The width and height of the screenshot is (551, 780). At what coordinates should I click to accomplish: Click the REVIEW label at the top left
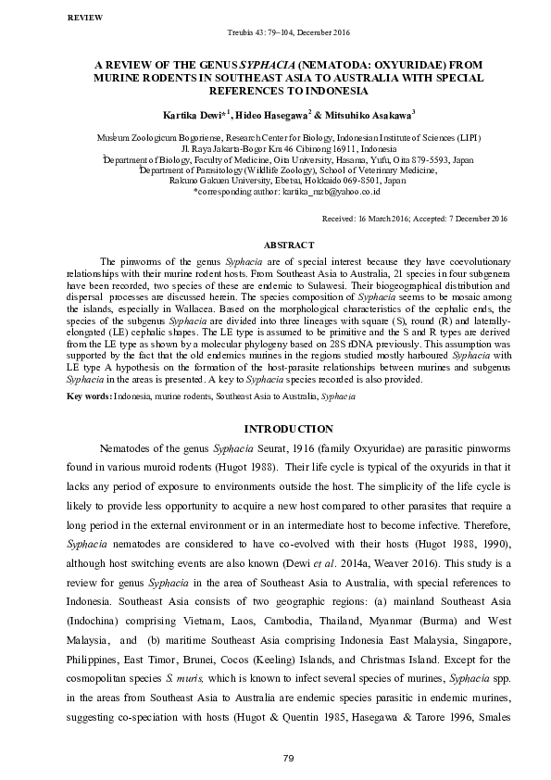coord(85,19)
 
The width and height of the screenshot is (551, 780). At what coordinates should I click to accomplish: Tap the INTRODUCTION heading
coord(287,429)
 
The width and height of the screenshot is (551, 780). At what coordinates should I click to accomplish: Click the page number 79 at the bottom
coord(288,759)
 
